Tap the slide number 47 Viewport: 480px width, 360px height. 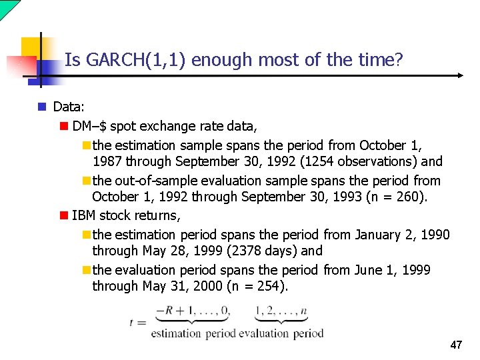coord(456,345)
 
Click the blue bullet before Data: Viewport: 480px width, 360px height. coord(41,107)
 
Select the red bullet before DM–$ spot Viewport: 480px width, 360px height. coord(63,125)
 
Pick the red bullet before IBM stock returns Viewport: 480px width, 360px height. coord(63,215)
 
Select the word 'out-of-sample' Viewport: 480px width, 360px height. coord(152,180)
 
